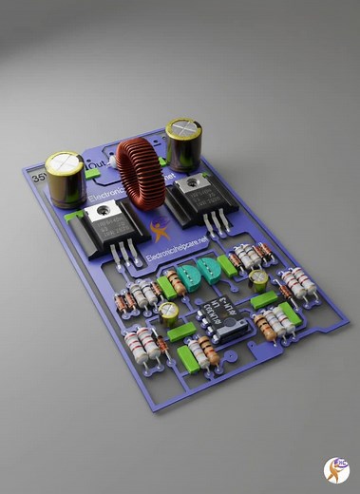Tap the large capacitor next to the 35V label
65,180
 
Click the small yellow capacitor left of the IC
169,313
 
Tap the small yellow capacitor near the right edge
258,279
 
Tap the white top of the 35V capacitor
65,162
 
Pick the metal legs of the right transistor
219,223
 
